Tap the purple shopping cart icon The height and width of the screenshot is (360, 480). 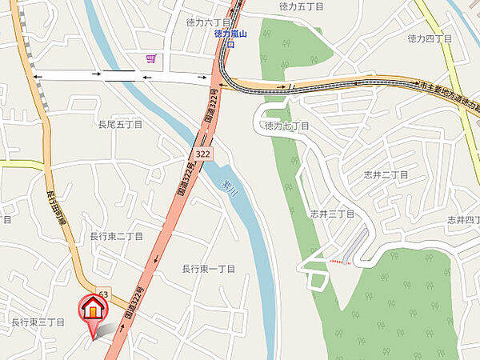(150, 59)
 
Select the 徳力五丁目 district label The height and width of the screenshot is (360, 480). (302, 6)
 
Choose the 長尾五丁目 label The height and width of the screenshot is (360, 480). (120, 125)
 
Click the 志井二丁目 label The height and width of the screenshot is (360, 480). (387, 174)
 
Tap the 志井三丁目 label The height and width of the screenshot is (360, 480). (332, 214)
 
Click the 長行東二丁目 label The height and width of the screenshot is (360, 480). (116, 237)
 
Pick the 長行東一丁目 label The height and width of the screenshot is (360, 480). (209, 269)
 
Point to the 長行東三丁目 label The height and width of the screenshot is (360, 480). (38, 322)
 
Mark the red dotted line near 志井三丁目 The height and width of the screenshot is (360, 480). (342, 261)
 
